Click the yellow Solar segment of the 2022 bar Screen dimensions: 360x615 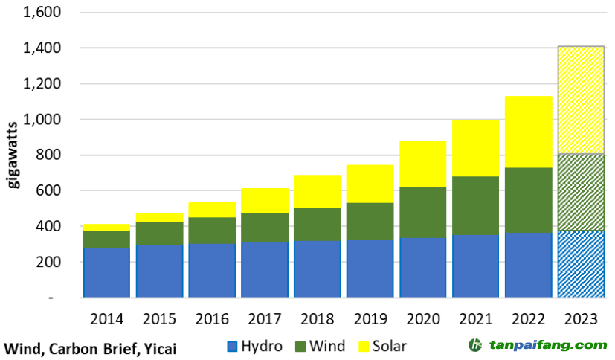528,132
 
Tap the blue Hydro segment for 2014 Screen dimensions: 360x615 106,272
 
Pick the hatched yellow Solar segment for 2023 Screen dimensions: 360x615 581,100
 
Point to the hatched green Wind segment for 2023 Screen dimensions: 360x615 581,192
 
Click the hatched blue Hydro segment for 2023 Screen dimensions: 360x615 581,264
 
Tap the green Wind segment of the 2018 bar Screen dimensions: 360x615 317,224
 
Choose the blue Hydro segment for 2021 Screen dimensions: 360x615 475,266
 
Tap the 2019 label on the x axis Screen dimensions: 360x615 370,319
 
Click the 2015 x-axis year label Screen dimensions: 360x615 158,319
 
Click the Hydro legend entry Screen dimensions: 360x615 254,346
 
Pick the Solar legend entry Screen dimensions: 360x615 381,346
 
